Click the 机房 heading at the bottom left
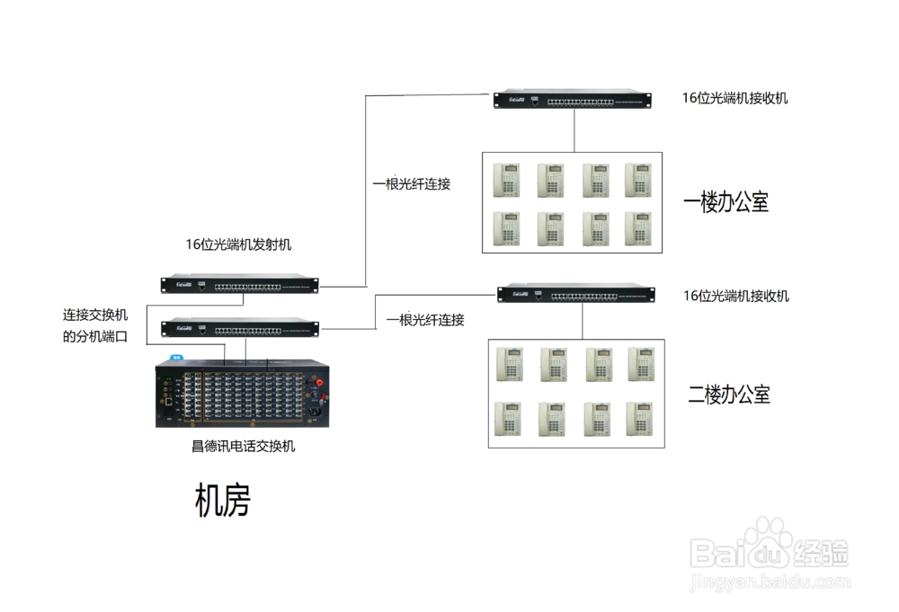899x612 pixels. (x=222, y=501)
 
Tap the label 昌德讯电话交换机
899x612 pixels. (x=243, y=446)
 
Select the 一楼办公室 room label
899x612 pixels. (x=725, y=202)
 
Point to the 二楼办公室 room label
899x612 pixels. (x=728, y=394)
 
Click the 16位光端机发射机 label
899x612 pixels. (x=238, y=244)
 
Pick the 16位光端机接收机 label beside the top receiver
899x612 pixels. (x=734, y=98)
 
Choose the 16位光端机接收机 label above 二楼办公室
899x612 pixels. (x=735, y=296)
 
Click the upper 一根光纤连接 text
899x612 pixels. (x=412, y=183)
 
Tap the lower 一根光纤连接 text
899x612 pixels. (x=425, y=320)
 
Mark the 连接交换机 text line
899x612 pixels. (x=95, y=315)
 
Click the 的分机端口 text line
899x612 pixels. (x=95, y=337)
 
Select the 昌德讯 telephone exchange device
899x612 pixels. (x=243, y=393)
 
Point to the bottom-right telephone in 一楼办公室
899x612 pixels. (x=637, y=228)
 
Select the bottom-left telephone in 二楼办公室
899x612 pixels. (x=508, y=419)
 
